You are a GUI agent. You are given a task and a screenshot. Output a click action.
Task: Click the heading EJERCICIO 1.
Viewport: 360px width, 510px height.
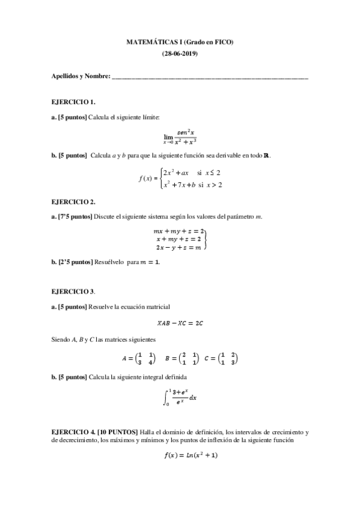(74, 101)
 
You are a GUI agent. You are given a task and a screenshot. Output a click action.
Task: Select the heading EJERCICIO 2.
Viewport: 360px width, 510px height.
(74, 201)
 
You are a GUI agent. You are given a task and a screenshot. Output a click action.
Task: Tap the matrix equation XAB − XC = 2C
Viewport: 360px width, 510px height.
(180, 323)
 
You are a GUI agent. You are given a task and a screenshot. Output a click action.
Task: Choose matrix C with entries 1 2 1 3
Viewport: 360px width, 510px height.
(223, 358)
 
